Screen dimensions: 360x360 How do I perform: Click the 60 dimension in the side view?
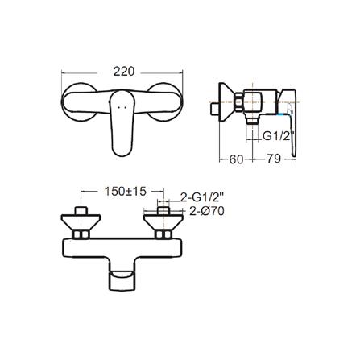(237, 159)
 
